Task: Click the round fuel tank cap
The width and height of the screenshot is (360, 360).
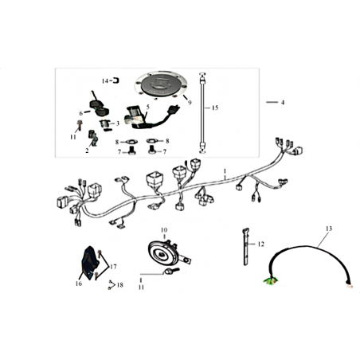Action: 161,85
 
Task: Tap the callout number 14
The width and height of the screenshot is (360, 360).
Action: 105,81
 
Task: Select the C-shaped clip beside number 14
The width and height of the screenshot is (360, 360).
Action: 115,80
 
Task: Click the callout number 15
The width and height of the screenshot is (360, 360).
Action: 215,108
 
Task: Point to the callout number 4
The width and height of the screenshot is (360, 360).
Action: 283,102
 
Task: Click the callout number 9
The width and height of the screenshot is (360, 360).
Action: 190,103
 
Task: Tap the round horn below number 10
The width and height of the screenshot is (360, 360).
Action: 162,254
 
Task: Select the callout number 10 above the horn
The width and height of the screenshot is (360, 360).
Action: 164,229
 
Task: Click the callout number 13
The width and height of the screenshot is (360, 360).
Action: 329,229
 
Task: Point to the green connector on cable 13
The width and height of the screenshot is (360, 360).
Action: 270,281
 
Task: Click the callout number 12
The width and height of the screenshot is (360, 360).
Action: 261,244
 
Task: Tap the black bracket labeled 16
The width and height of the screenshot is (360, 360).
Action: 89,263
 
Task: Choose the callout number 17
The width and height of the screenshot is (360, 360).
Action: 113,267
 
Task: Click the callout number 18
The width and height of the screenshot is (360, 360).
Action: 120,285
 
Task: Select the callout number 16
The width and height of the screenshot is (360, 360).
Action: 79,284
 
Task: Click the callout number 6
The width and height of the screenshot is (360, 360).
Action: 81,113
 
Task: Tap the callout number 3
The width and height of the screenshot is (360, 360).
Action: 118,123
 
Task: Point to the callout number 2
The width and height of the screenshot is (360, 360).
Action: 87,151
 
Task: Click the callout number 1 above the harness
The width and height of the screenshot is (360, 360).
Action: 225,170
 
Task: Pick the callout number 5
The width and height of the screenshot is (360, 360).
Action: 148,107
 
